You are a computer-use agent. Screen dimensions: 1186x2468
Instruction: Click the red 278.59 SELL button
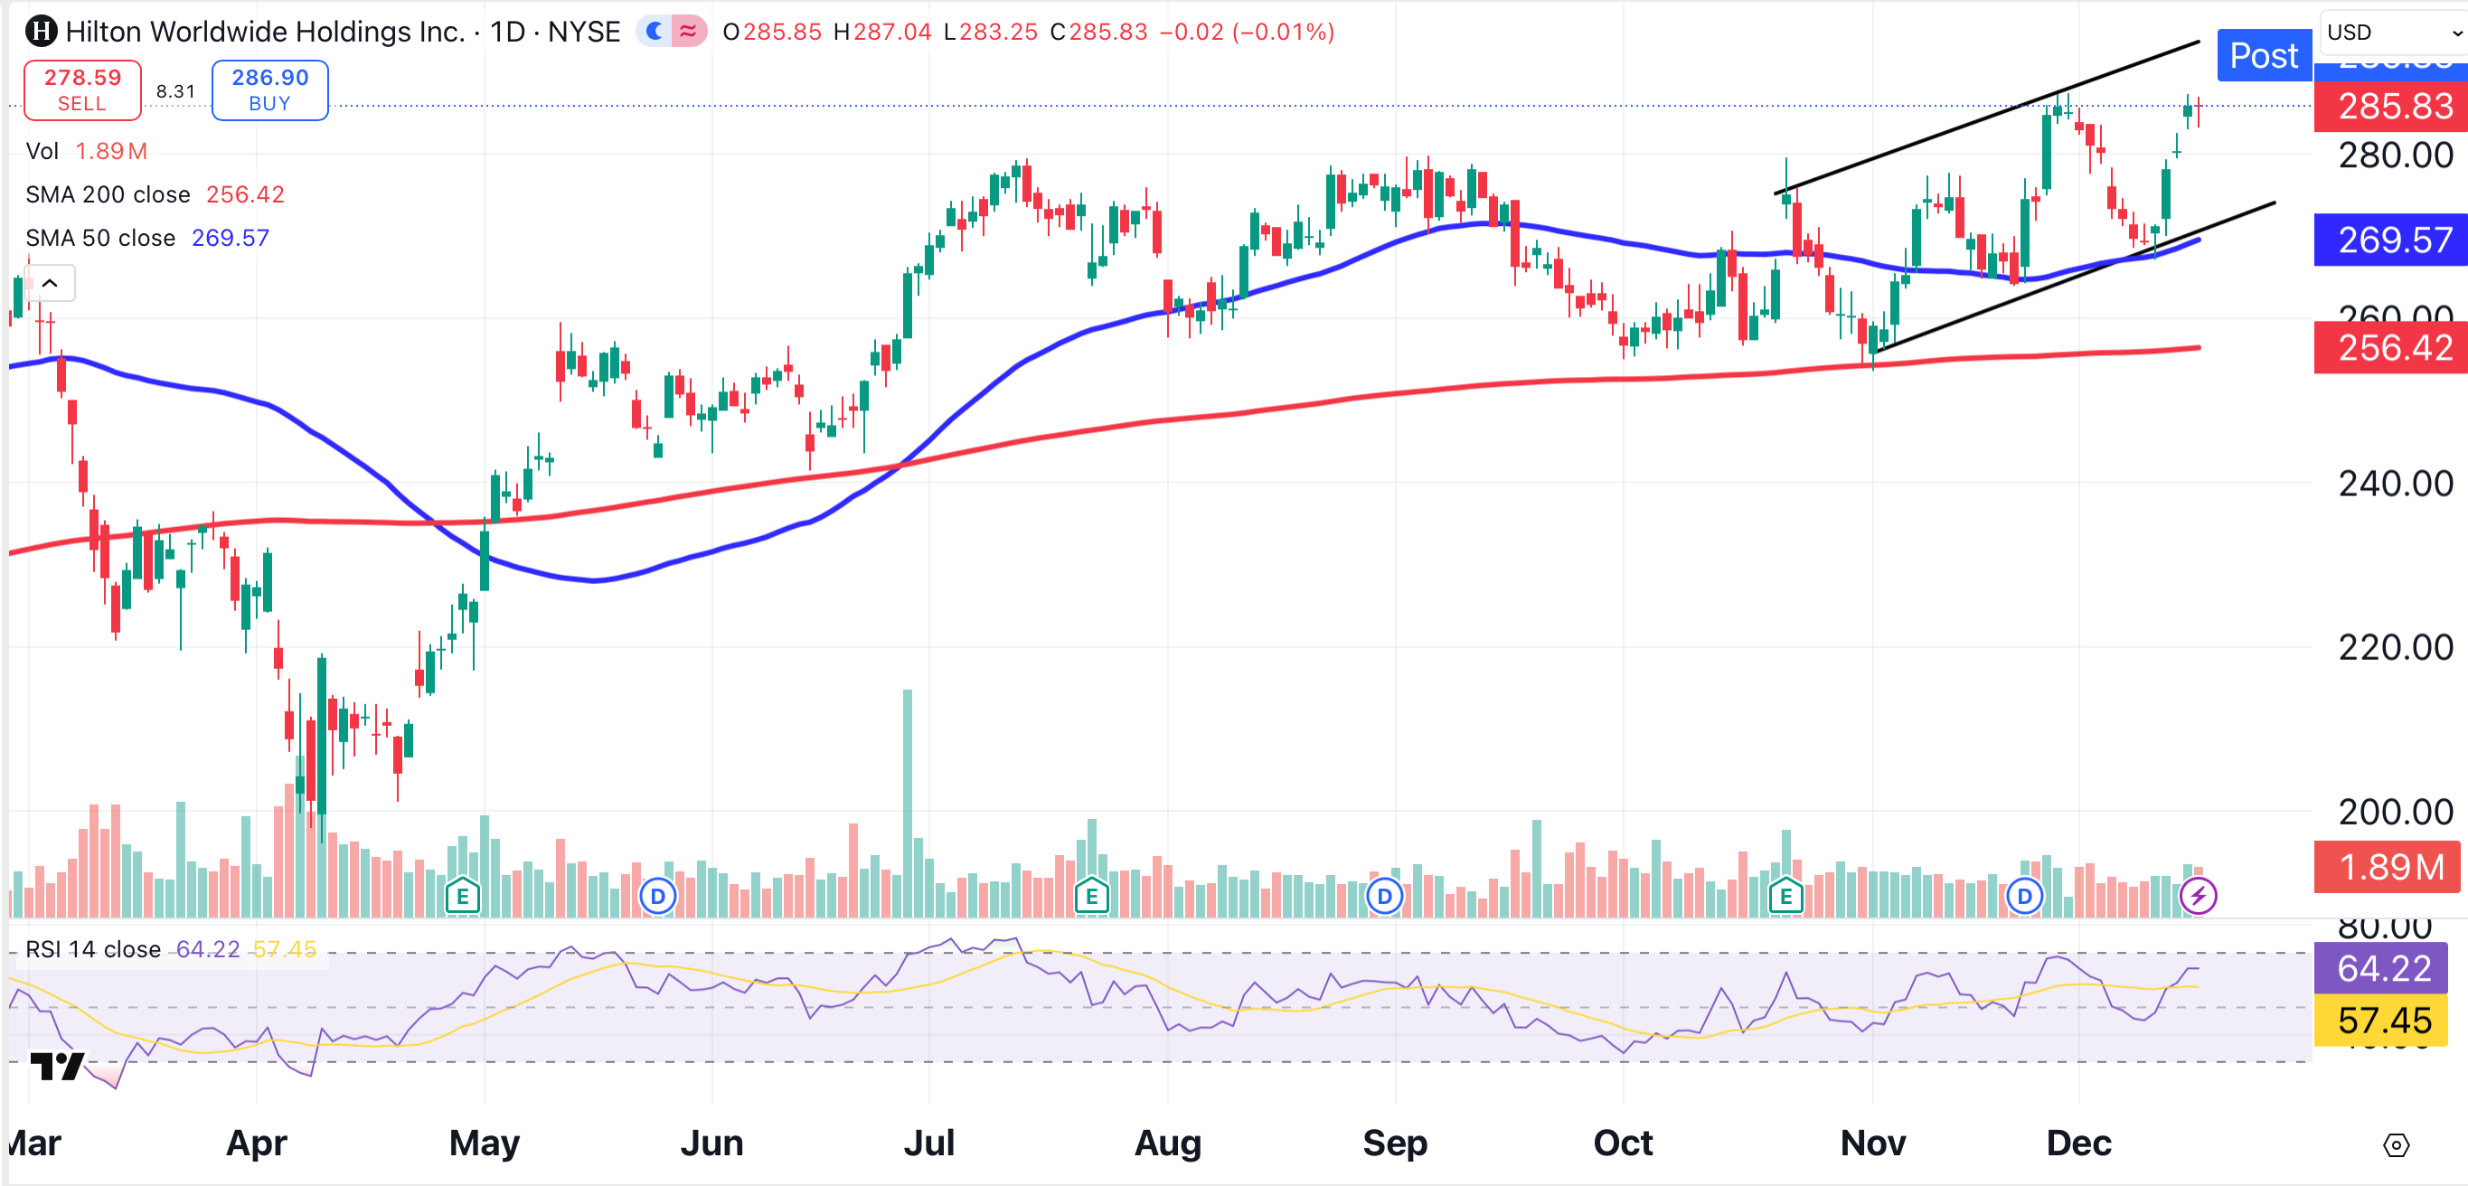(82, 90)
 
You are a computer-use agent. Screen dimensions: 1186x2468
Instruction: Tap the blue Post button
(2263, 55)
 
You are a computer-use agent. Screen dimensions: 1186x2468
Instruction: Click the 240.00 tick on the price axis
(2394, 484)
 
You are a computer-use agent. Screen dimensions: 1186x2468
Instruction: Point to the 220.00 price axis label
(2394, 647)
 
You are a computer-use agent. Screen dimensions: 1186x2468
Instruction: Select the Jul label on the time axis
(928, 1143)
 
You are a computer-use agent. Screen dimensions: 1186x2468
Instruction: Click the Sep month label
(1394, 1143)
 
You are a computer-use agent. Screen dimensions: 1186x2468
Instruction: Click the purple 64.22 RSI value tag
(2383, 968)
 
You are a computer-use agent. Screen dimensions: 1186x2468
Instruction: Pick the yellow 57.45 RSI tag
(2383, 1021)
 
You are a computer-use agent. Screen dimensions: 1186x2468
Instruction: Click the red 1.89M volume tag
(2389, 867)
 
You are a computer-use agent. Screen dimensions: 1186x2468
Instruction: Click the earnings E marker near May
(463, 897)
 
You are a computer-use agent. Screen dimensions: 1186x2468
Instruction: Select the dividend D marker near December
(2023, 897)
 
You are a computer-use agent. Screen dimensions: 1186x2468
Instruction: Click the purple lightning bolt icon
(2197, 897)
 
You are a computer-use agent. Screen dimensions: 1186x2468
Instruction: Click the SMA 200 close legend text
(108, 194)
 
